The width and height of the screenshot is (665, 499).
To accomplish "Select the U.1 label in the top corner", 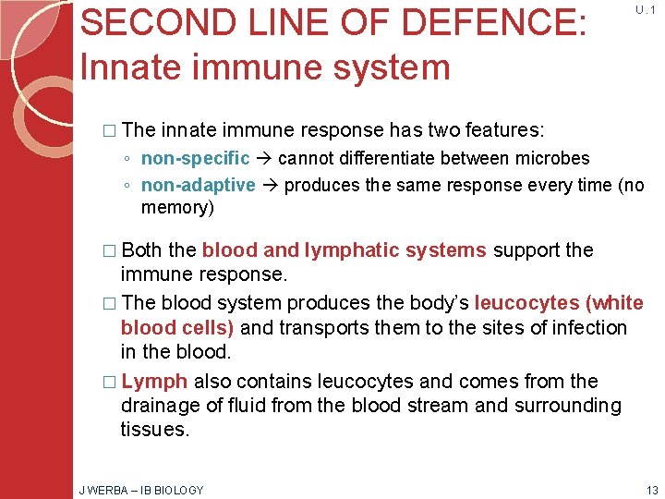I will (644, 9).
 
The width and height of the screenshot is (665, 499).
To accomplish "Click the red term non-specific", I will (195, 159).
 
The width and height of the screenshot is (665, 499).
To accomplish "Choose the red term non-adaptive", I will (198, 185).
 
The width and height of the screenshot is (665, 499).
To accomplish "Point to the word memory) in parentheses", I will (177, 207).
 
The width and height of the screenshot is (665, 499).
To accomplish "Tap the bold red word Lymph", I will (154, 382).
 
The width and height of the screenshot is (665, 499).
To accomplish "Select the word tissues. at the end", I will (154, 429).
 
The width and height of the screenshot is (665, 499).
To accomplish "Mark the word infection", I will (588, 328).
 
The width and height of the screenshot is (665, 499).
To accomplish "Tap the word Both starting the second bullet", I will (141, 249).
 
